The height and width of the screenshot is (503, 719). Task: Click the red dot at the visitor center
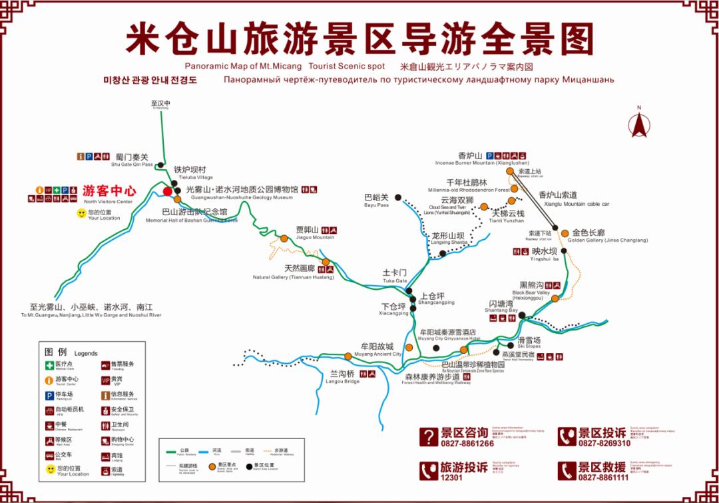[x=167, y=191]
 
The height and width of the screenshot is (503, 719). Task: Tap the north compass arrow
[x=638, y=125]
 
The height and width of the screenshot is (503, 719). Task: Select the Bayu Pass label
[x=376, y=197]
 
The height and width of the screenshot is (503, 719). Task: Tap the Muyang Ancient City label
[x=377, y=347]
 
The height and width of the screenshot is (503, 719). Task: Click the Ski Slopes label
[x=529, y=340]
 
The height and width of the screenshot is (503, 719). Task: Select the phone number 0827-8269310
[x=604, y=444]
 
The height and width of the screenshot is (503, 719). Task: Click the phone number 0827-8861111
[x=603, y=478]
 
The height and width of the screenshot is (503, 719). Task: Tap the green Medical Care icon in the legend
[x=49, y=365]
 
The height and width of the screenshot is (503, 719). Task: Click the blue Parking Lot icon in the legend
[x=49, y=395]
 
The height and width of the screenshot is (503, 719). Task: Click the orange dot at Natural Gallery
[x=326, y=261]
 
